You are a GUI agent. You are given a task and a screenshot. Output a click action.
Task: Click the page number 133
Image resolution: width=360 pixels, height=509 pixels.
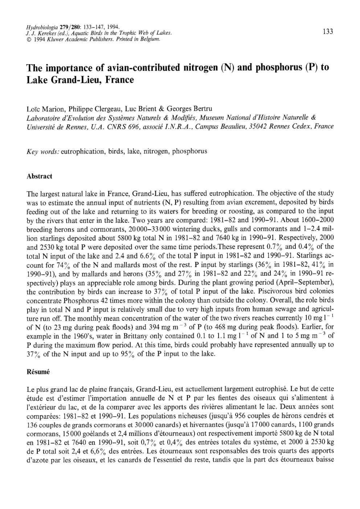pyautogui.click(x=328, y=32)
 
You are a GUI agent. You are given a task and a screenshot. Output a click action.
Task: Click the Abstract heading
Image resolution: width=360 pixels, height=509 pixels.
pyautogui.click(x=40, y=176)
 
